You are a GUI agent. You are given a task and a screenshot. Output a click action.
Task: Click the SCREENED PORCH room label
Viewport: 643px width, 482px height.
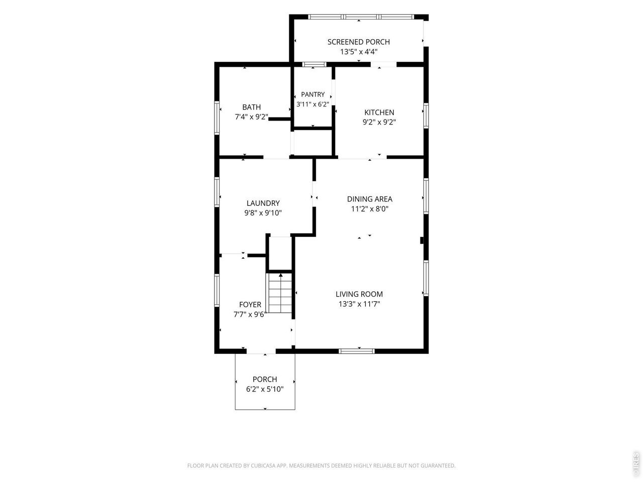click(x=358, y=42)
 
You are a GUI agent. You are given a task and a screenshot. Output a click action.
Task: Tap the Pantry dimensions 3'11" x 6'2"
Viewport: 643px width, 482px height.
click(x=312, y=104)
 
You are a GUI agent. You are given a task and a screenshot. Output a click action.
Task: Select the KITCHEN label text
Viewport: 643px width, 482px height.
click(x=379, y=112)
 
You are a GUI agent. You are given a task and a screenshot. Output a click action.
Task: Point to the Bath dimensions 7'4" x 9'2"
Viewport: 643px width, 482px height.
click(x=251, y=117)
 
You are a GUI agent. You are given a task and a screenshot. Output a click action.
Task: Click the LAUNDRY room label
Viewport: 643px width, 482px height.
click(x=263, y=203)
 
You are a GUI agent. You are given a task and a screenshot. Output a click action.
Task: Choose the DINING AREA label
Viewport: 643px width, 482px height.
click(x=369, y=199)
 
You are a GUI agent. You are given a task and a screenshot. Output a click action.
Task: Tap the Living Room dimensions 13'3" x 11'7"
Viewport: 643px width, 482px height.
click(x=359, y=304)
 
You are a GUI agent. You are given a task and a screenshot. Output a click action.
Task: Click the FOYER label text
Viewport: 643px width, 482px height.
click(x=250, y=305)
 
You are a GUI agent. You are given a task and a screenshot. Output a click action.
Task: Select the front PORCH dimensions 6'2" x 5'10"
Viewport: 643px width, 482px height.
click(x=265, y=389)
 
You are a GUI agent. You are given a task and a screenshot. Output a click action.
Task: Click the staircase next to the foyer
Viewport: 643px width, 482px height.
click(x=280, y=293)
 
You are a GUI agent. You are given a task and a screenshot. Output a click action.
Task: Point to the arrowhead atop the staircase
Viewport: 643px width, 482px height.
click(x=281, y=275)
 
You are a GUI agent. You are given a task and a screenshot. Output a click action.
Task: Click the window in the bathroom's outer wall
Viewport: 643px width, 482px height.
click(x=217, y=117)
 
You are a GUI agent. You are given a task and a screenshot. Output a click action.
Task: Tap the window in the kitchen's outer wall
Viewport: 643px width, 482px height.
click(x=426, y=115)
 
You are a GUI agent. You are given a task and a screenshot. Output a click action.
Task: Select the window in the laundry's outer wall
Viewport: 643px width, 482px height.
click(x=217, y=192)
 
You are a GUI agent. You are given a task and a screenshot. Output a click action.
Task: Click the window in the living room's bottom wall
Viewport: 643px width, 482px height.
click(x=357, y=351)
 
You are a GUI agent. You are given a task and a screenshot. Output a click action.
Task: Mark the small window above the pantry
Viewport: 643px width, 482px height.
click(x=314, y=64)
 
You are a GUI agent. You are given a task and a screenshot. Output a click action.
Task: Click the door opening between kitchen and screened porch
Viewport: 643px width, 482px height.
click(x=383, y=64)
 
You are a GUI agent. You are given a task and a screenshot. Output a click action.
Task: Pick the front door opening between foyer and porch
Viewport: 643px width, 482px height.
click(x=261, y=351)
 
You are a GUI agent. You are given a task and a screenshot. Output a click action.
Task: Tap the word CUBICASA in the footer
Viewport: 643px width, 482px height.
click(x=263, y=465)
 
